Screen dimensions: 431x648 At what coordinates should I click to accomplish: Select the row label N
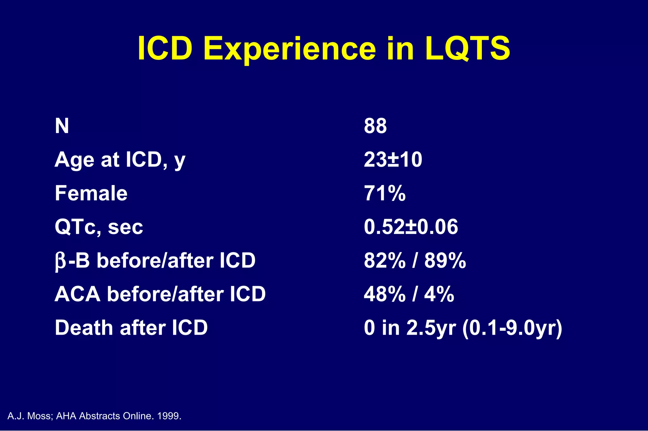[62, 126]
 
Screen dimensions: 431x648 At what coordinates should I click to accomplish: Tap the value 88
[375, 126]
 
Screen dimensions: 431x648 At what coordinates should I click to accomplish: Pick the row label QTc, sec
[99, 227]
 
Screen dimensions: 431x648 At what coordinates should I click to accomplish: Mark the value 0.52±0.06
[411, 227]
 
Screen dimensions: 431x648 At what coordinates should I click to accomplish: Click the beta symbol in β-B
[60, 261]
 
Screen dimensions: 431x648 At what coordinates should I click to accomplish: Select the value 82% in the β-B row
[384, 261]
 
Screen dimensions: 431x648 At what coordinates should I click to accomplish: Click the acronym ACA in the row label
[78, 294]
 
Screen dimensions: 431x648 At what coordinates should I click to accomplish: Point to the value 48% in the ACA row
[384, 294]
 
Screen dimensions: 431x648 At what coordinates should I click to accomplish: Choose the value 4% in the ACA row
[439, 294]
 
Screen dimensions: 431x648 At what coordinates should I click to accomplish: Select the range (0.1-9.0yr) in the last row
[512, 328]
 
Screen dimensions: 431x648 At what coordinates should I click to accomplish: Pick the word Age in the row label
[75, 160]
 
